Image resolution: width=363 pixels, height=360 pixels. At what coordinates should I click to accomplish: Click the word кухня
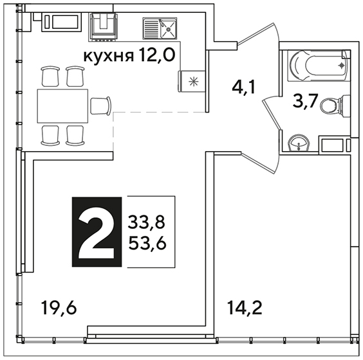pyautogui.click(x=109, y=57)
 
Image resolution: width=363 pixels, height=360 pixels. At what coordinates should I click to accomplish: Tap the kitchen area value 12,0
pyautogui.click(x=157, y=55)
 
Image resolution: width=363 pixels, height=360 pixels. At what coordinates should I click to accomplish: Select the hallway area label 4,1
pyautogui.click(x=243, y=87)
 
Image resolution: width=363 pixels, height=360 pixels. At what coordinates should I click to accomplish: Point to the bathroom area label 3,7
pyautogui.click(x=304, y=101)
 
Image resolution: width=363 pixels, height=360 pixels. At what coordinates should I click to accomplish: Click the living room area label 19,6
pyautogui.click(x=59, y=308)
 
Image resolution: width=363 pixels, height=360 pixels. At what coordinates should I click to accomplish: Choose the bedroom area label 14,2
pyautogui.click(x=245, y=308)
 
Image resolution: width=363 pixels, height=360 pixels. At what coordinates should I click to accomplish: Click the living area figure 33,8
pyautogui.click(x=147, y=222)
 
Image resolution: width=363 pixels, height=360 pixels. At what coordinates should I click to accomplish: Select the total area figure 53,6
pyautogui.click(x=147, y=243)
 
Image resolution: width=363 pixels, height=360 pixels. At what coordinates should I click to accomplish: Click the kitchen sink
pyautogui.click(x=160, y=28)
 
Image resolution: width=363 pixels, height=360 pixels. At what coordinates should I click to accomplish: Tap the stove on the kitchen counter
pyautogui.click(x=103, y=27)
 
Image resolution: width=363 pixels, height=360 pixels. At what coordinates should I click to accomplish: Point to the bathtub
pyautogui.click(x=319, y=66)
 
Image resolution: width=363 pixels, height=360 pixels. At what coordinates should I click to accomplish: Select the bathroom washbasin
pyautogui.click(x=299, y=143)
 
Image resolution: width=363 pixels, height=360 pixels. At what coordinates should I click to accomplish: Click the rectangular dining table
pyautogui.click(x=62, y=106)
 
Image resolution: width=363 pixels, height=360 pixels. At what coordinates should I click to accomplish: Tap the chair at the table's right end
pyautogui.click(x=100, y=105)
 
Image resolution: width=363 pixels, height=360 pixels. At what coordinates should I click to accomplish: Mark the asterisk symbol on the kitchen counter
pyautogui.click(x=193, y=82)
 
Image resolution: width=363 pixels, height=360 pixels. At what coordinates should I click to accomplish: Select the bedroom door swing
pyautogui.click(x=261, y=163)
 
